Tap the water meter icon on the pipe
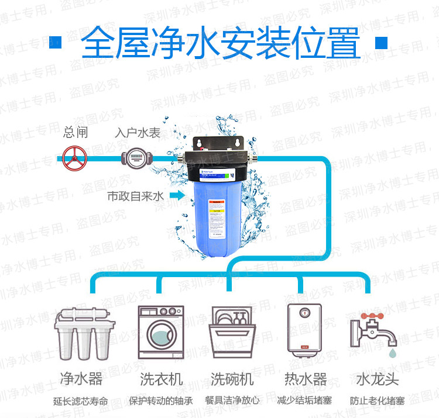pos(135,157)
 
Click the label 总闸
pos(76,133)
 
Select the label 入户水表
pos(137,133)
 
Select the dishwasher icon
pos(232,331)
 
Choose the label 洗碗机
pos(232,379)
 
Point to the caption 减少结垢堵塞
pos(304,401)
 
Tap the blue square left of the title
pos(57,43)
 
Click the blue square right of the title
pos(381,43)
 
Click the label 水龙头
pos(377,379)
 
